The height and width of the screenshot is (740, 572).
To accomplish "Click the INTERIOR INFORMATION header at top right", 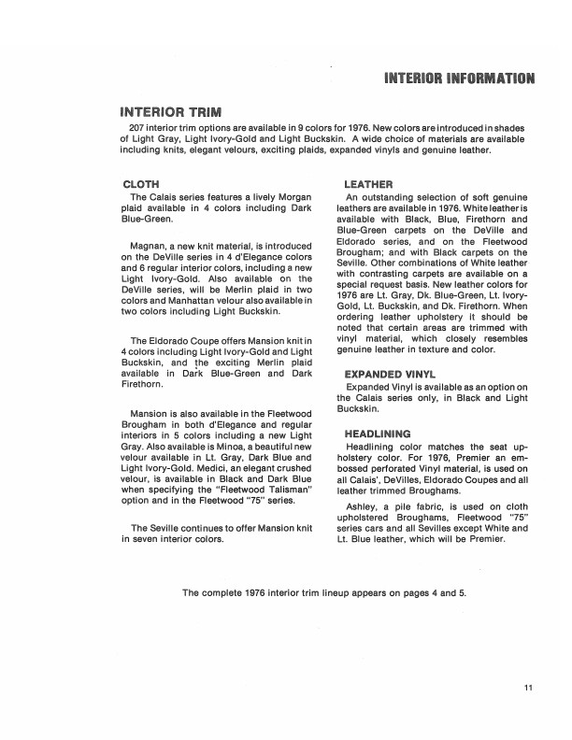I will tap(459, 77).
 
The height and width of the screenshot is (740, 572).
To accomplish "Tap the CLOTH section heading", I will tap(141, 184).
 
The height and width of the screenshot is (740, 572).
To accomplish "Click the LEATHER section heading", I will tap(368, 184).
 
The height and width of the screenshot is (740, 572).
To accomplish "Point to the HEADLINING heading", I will tap(378, 434).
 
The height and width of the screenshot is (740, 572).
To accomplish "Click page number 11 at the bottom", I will tap(528, 689).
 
